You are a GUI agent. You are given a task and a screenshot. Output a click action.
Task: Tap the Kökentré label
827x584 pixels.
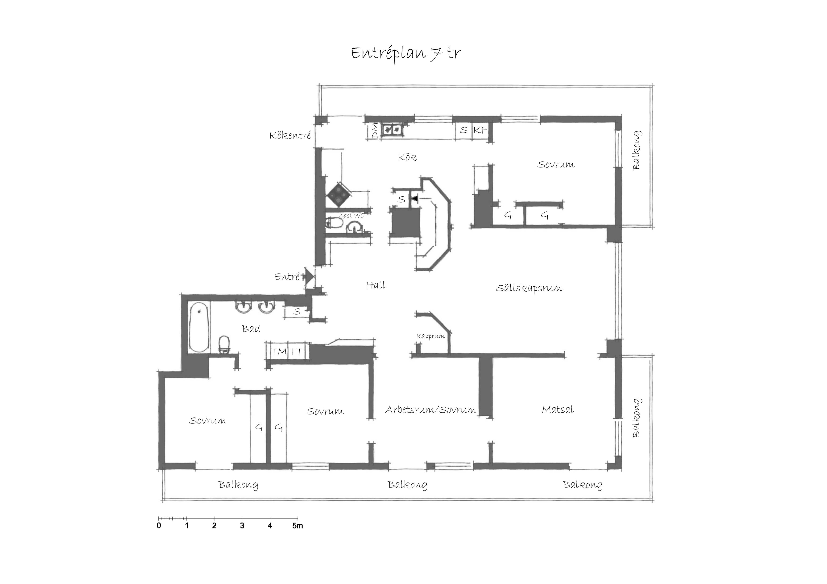290,135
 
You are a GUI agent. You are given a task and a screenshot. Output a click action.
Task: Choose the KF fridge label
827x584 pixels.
480,130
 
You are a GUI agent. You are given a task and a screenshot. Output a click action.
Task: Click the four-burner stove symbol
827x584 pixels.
339,195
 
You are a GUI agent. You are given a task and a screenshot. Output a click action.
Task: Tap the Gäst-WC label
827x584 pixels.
351,216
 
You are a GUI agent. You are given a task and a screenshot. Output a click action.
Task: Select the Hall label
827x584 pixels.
376,285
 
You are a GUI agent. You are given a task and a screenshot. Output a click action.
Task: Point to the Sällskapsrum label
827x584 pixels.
529,288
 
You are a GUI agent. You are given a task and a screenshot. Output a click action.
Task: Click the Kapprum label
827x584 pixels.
430,337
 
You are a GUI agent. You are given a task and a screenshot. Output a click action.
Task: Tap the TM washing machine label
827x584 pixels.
279,352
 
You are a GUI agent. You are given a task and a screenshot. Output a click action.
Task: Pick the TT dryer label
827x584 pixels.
296,352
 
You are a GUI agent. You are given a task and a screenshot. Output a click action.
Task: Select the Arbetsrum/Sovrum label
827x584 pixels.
431,410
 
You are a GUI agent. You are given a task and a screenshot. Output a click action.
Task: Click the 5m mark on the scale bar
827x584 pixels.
298,526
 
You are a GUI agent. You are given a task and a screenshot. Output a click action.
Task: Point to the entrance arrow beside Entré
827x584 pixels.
309,277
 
